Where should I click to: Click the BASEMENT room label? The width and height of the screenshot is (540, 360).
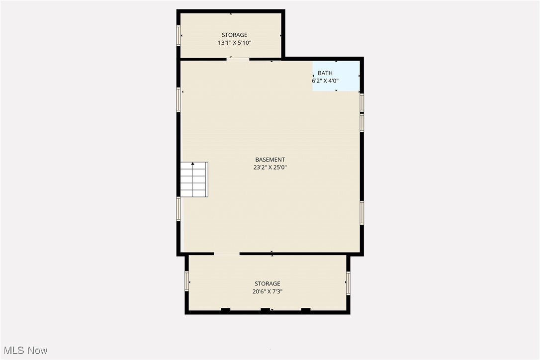[x=270, y=160]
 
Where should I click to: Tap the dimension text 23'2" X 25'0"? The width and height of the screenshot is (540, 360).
[x=270, y=168]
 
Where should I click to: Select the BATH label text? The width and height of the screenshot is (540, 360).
[x=325, y=73]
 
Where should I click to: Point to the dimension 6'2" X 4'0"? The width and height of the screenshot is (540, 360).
[x=325, y=81]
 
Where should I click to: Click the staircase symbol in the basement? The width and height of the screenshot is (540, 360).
[x=194, y=179]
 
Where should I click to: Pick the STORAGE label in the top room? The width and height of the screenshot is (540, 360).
[x=234, y=35]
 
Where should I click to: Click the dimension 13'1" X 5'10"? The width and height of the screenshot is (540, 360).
[x=234, y=43]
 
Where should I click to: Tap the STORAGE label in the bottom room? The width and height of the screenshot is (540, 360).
[x=268, y=284]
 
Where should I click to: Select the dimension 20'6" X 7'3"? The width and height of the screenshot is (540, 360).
[x=268, y=292]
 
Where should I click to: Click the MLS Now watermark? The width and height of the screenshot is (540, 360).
[x=24, y=351]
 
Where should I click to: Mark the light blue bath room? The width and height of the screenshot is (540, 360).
[x=336, y=76]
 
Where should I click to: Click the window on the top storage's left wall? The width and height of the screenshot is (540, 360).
[x=179, y=35]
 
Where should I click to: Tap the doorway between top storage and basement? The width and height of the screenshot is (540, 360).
[x=238, y=59]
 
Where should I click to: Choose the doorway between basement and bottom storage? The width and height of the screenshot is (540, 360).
[x=226, y=254]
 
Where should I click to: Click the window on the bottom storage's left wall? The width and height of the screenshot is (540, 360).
[x=187, y=281]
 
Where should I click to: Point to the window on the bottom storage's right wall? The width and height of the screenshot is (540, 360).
[x=348, y=282]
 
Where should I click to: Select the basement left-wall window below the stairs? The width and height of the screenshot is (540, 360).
[x=179, y=209]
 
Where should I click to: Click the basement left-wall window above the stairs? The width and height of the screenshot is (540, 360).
[x=179, y=99]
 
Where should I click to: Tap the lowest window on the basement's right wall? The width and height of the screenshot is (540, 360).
[x=362, y=212]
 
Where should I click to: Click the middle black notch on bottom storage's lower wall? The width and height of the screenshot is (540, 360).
[x=266, y=310]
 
